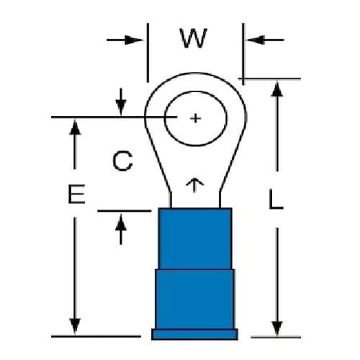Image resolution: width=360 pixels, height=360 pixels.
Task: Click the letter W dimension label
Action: tap(194, 38)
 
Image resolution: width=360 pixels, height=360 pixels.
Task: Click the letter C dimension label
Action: tap(122, 161)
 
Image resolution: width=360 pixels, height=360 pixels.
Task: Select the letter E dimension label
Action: tap(76, 194)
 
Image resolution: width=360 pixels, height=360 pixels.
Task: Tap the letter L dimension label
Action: tap(275, 199)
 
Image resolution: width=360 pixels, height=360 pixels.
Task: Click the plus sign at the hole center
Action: tap(195, 118)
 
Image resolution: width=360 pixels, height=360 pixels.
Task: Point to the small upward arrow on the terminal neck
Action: tap(194, 185)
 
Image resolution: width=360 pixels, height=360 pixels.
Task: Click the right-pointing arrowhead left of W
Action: tap(134, 40)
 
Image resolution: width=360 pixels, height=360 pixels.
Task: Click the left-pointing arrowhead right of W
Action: tap(256, 40)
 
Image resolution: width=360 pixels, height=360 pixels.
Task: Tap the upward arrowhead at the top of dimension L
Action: tap(277, 90)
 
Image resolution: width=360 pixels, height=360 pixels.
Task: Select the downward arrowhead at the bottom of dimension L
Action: tap(277, 329)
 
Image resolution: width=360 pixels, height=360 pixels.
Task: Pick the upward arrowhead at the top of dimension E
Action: tap(75, 127)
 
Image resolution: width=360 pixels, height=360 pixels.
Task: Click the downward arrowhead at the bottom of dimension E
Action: tap(75, 326)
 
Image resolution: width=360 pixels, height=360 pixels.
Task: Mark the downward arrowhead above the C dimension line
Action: tap(121, 108)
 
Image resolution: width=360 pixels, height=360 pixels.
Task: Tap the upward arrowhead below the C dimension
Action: tap(121, 222)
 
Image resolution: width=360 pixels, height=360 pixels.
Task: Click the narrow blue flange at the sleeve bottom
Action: tap(194, 334)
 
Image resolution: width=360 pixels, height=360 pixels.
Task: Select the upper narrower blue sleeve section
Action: tap(195, 238)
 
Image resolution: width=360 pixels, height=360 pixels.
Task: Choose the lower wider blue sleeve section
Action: tap(195, 299)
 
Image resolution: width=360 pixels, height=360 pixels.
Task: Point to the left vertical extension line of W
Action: tap(148, 53)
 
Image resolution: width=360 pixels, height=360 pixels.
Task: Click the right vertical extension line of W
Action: tap(243, 54)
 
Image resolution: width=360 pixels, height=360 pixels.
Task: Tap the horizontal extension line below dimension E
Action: tap(96, 337)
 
